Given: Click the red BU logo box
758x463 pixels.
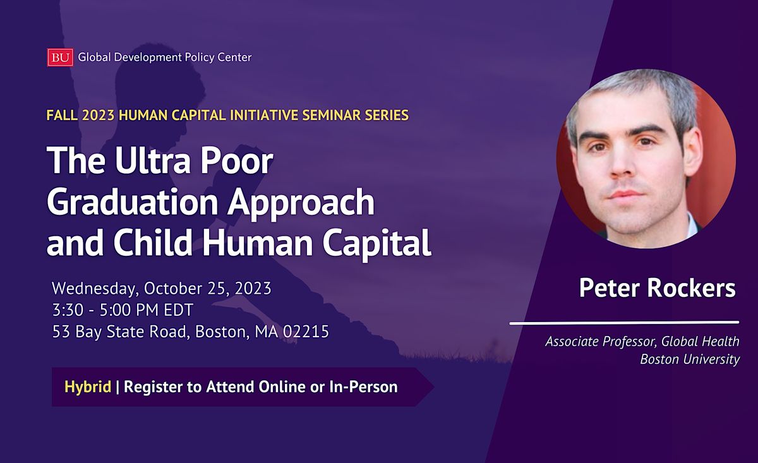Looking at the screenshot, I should point(60,57).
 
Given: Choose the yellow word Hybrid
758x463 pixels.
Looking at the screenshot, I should point(88,387).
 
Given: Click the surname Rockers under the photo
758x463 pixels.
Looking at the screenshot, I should point(697,289).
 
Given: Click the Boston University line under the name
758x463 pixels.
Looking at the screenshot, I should point(689,359).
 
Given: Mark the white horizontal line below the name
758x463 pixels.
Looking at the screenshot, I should point(624,323).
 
